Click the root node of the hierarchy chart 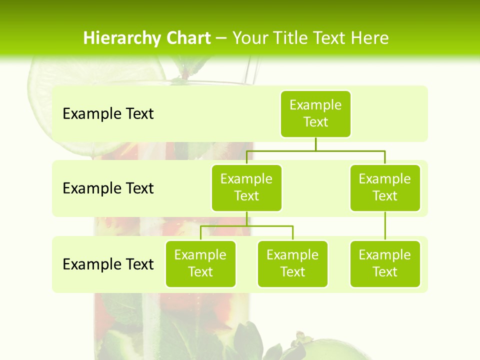point(315,113)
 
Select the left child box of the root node point(246,187)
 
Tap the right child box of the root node point(385,187)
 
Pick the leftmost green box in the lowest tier point(200,263)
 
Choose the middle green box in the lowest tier point(292,263)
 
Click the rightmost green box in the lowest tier point(385,263)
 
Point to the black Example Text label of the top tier point(108,114)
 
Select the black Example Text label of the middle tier point(108,188)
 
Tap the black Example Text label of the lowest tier point(108,264)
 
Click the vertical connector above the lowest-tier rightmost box point(385,226)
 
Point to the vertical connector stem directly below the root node point(315,143)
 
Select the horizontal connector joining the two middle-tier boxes point(315,150)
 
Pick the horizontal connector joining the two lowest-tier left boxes point(246,226)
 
